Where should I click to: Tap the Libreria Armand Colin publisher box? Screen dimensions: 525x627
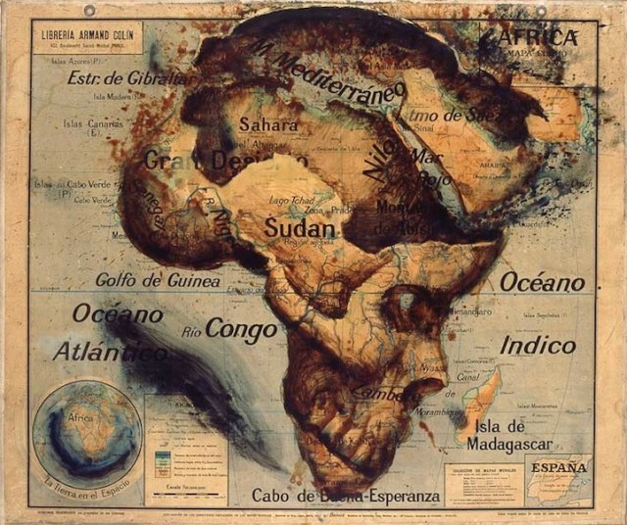[88, 38]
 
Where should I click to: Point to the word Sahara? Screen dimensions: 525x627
[268, 125]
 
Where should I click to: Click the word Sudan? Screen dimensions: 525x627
[299, 228]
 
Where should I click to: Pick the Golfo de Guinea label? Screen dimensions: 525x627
[157, 279]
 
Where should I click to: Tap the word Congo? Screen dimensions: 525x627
[241, 328]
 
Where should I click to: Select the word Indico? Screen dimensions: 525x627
[538, 345]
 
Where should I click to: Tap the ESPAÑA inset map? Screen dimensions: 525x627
[558, 479]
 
